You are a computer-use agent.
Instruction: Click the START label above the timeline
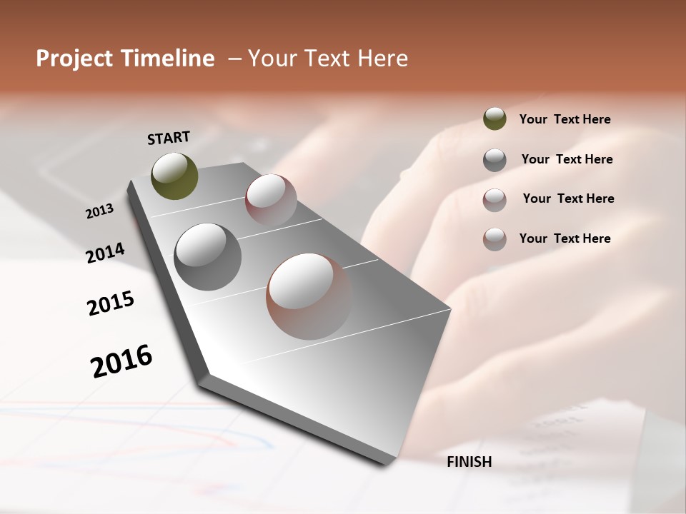click(x=169, y=138)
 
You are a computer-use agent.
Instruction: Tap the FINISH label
click(x=469, y=462)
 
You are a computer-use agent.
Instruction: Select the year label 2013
click(x=99, y=211)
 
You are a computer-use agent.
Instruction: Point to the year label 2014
click(x=105, y=253)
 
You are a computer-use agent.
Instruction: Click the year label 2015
click(x=111, y=303)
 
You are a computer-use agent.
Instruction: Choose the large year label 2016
click(x=121, y=361)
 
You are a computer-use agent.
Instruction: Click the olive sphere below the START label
click(x=174, y=176)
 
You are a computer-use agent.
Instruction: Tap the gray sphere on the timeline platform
click(x=207, y=256)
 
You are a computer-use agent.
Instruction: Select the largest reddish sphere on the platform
click(x=309, y=296)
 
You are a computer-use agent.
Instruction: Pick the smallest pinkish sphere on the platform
click(x=271, y=200)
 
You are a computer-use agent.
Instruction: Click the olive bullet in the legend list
click(x=494, y=119)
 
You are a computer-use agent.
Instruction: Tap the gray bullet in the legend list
click(x=494, y=159)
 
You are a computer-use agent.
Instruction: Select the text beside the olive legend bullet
click(x=565, y=119)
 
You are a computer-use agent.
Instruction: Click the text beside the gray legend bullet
click(x=567, y=159)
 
